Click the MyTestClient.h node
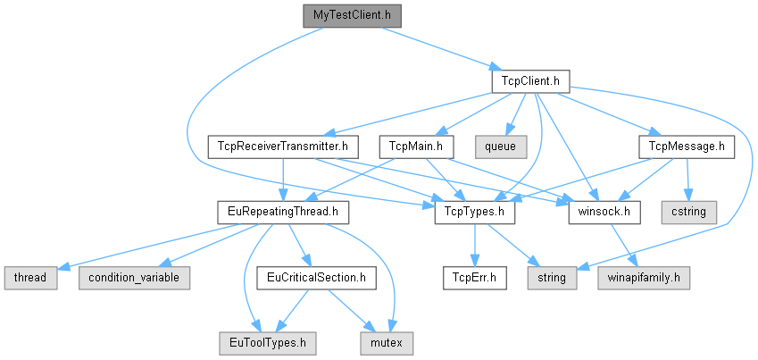tap(351, 15)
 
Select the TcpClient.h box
tap(530, 81)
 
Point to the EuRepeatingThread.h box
tap(283, 212)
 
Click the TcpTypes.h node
tap(476, 212)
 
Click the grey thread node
tap(29, 277)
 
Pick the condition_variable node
tap(134, 277)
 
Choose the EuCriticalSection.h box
tap(311, 277)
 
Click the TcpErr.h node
tap(475, 277)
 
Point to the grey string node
tap(552, 277)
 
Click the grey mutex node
tap(386, 342)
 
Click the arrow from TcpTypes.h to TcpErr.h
tap(476, 245)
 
